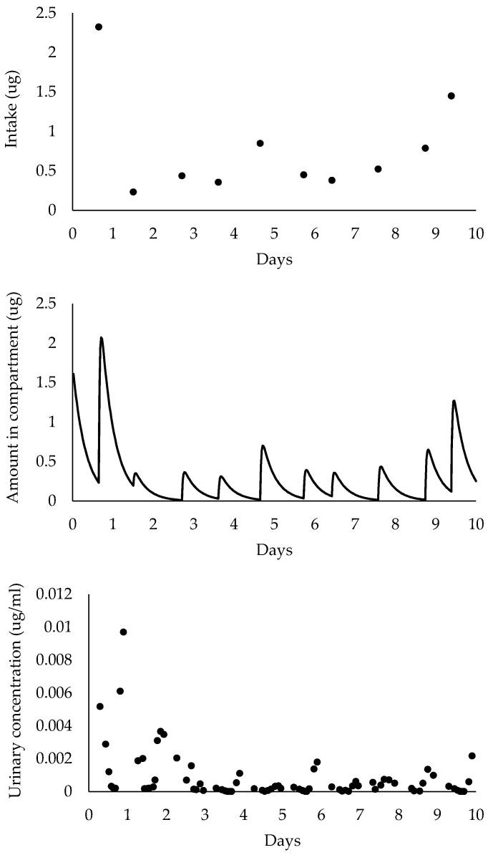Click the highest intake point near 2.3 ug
click(x=99, y=27)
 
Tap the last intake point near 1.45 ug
click(x=451, y=96)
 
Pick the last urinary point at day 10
click(x=472, y=755)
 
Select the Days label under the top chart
click(x=274, y=259)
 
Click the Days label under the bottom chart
click(x=282, y=839)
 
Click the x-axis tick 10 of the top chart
click(x=475, y=233)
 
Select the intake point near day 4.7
click(x=260, y=143)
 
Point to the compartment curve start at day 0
click(x=73, y=374)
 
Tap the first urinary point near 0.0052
click(x=100, y=706)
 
